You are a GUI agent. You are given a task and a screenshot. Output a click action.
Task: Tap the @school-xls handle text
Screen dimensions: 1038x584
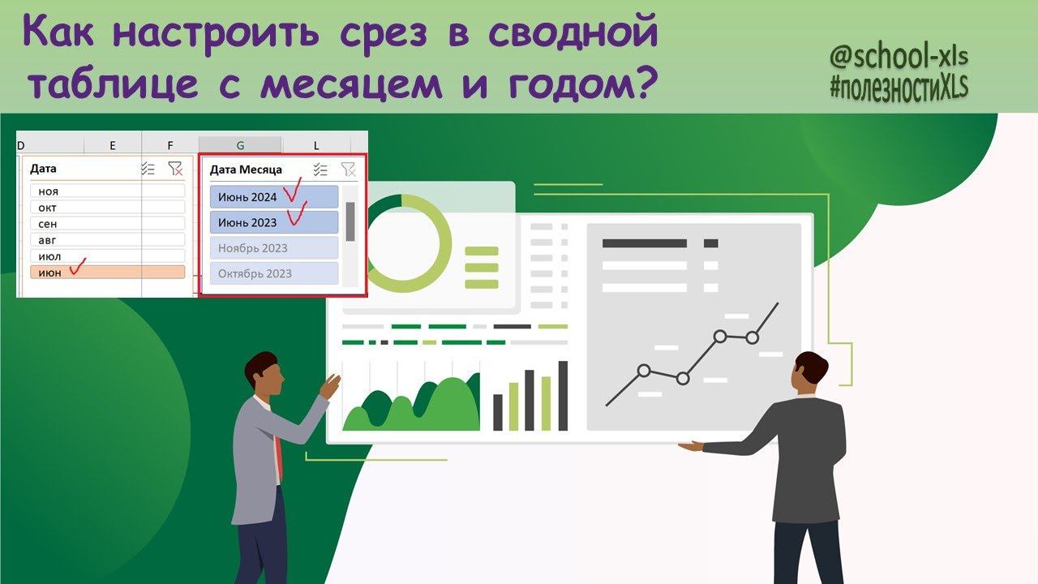tap(899, 56)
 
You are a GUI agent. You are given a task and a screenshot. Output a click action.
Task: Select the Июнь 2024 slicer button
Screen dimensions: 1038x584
tap(274, 197)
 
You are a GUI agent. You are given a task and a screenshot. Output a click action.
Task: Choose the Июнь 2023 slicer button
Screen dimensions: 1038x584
tap(274, 222)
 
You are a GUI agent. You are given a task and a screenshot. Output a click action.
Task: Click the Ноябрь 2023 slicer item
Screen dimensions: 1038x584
tap(274, 248)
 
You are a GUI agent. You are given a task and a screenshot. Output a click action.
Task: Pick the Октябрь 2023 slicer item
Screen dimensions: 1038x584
tap(274, 273)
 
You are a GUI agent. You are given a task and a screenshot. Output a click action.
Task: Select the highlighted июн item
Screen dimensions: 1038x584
tap(108, 272)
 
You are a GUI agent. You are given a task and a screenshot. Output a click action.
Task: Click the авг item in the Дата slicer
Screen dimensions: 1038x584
tap(108, 239)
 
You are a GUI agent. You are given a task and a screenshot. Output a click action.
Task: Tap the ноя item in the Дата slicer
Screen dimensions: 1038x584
tap(108, 191)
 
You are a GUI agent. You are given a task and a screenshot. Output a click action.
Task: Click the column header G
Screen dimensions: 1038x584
tap(240, 145)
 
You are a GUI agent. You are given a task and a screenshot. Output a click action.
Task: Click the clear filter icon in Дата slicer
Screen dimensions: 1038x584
tap(176, 169)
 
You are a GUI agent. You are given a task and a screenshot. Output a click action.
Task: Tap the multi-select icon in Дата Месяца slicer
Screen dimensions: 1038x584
tap(320, 170)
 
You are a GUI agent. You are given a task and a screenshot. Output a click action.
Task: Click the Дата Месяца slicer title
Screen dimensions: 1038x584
tap(246, 170)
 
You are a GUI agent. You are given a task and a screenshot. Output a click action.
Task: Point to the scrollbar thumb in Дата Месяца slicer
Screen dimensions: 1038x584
tap(350, 221)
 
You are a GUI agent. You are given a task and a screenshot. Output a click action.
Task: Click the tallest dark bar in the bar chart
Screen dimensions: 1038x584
tap(563, 396)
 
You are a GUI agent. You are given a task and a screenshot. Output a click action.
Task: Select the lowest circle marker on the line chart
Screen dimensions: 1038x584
tap(683, 379)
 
